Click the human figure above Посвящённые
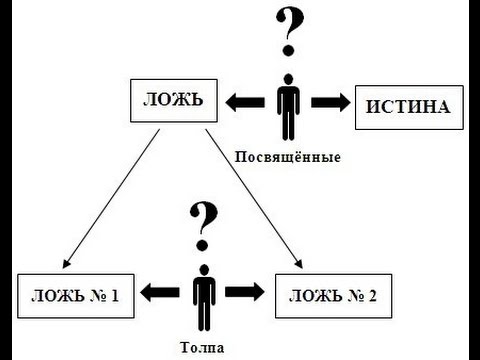[x=289, y=108]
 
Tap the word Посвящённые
[x=288, y=157]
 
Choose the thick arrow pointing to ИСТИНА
[x=329, y=102]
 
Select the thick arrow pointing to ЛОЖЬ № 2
[x=245, y=294]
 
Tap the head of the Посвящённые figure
[x=289, y=79]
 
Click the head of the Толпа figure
[x=204, y=271]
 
